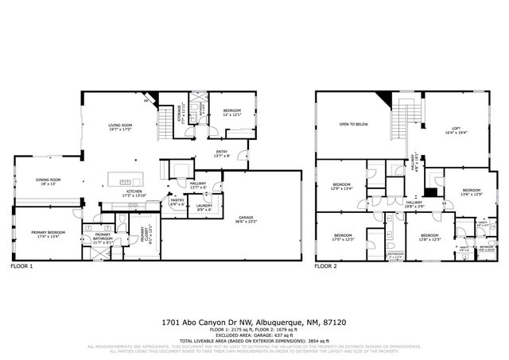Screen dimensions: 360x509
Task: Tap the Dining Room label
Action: pyautogui.click(x=48, y=180)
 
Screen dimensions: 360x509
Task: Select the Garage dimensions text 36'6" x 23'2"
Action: pyautogui.click(x=244, y=221)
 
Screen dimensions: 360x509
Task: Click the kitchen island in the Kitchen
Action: pyautogui.click(x=126, y=182)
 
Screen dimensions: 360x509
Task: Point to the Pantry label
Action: pyautogui.click(x=177, y=201)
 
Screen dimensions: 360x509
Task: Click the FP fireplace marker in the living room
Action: pyautogui.click(x=146, y=103)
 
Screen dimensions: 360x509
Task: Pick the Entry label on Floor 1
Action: pyautogui.click(x=222, y=153)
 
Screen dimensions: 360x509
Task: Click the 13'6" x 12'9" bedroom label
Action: pyautogui.click(x=472, y=192)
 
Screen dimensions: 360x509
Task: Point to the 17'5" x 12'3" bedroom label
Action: pyautogui.click(x=343, y=237)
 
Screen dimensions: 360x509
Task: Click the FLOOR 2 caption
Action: pyautogui.click(x=324, y=267)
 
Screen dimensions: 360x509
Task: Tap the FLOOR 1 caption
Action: pyautogui.click(x=21, y=267)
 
